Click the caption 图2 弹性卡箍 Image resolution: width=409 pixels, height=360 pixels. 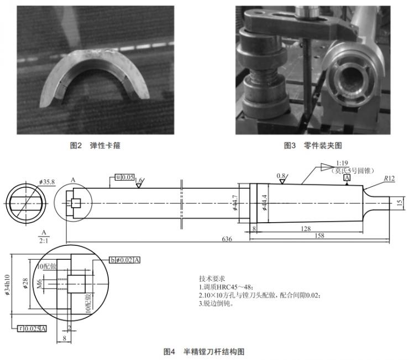coord(95,145)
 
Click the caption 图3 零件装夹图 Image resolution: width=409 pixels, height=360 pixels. coord(313,145)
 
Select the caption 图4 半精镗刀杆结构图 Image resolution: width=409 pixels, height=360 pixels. coord(204,351)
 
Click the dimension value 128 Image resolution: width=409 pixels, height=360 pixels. coord(306,227)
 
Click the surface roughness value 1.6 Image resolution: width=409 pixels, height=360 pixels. coord(139,181)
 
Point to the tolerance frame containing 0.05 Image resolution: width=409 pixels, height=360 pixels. coord(125,177)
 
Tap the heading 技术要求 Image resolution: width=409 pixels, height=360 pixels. coord(212,278)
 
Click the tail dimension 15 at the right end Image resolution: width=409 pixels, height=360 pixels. coord(400,203)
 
